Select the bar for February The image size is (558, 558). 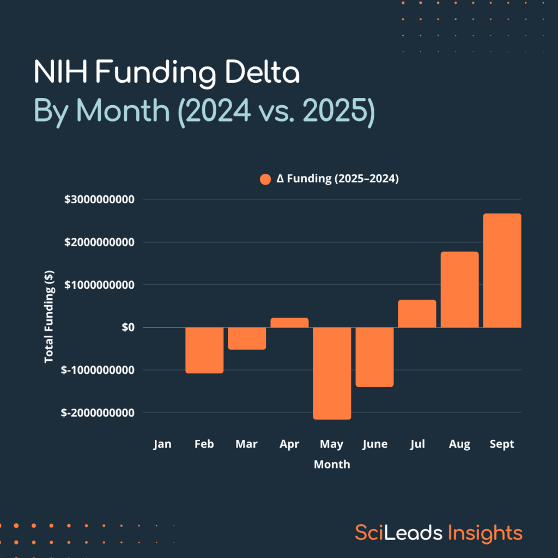click(x=204, y=350)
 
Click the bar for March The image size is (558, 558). click(x=247, y=338)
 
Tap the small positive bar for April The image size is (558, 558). click(x=289, y=323)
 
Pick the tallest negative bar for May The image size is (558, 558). click(x=332, y=373)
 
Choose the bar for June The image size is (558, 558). click(x=374, y=357)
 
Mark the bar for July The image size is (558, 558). click(x=417, y=314)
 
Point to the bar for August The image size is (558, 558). click(x=459, y=289)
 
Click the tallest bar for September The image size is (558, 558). click(x=502, y=270)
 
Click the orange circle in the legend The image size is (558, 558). click(x=265, y=179)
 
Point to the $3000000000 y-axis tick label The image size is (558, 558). click(x=99, y=199)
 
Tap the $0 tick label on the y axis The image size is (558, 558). click(x=127, y=327)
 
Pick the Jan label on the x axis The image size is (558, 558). click(x=162, y=444)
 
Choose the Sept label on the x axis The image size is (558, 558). click(x=502, y=444)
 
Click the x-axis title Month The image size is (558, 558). click(x=332, y=464)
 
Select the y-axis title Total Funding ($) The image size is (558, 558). click(x=49, y=316)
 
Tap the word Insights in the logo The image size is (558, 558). click(x=485, y=532)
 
